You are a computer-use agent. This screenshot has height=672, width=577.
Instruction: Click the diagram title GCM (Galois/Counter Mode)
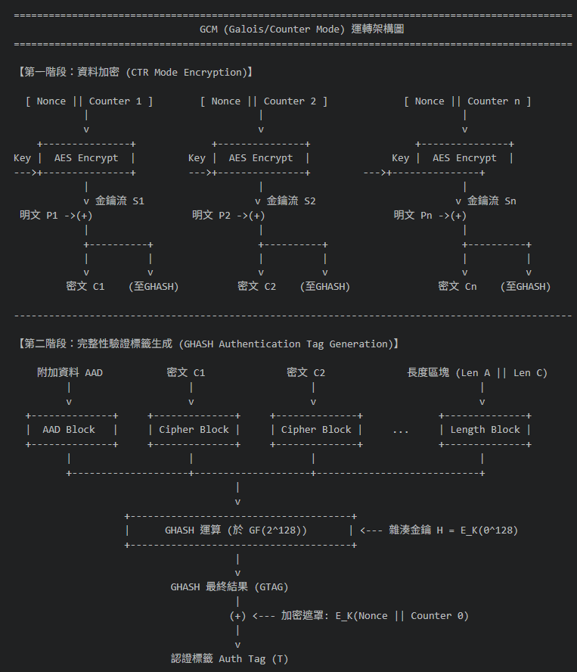tap(272, 30)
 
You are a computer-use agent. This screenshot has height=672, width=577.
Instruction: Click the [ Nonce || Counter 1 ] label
tap(89, 101)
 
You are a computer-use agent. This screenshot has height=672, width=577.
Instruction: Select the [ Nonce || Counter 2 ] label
tap(264, 101)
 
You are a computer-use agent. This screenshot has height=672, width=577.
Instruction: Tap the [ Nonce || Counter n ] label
tap(467, 101)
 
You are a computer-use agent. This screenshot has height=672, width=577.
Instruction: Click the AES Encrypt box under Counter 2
tap(261, 158)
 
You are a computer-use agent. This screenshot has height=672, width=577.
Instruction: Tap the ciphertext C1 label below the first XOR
tap(85, 286)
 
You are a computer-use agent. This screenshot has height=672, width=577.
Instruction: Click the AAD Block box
tap(72, 430)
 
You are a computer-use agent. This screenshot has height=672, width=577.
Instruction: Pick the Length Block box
tap(485, 430)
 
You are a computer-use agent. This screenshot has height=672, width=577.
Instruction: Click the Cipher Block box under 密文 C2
tap(316, 430)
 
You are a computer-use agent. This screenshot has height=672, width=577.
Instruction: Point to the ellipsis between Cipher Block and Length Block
tap(401, 432)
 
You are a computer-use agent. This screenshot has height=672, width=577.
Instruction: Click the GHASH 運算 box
tap(240, 530)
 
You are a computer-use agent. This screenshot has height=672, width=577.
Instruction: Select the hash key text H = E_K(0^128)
tap(477, 530)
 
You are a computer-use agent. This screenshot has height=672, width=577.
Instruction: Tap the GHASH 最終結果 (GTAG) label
tap(230, 587)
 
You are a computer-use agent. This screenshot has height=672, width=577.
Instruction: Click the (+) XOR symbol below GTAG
tap(237, 616)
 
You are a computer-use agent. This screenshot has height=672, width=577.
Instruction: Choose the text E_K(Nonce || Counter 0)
tap(402, 616)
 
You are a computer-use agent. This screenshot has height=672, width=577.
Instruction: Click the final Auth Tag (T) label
tap(253, 658)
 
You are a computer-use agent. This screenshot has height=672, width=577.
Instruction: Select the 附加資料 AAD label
tap(70, 372)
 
